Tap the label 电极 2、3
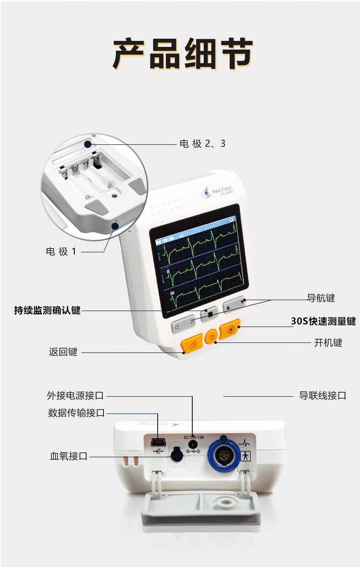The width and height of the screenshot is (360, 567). coord(202,144)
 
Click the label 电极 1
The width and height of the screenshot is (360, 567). coord(61,251)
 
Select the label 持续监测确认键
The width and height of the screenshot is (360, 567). coord(47,311)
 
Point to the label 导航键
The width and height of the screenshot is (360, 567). coord(321,298)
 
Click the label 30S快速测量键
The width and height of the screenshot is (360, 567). coord(323,322)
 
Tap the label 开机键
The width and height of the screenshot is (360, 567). coord(328,342)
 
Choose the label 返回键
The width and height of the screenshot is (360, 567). coord(63,352)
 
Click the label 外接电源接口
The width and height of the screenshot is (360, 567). coord(75,395)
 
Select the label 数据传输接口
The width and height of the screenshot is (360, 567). coord(76,413)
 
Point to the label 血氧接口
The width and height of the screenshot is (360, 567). coord(68,456)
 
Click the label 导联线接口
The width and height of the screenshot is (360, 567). coord(322,396)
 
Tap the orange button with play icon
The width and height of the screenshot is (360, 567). coord(230,329)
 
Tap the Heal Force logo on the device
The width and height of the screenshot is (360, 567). coord(217,192)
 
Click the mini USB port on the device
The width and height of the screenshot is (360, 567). coord(158,442)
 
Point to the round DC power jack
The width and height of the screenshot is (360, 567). coord(193,443)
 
